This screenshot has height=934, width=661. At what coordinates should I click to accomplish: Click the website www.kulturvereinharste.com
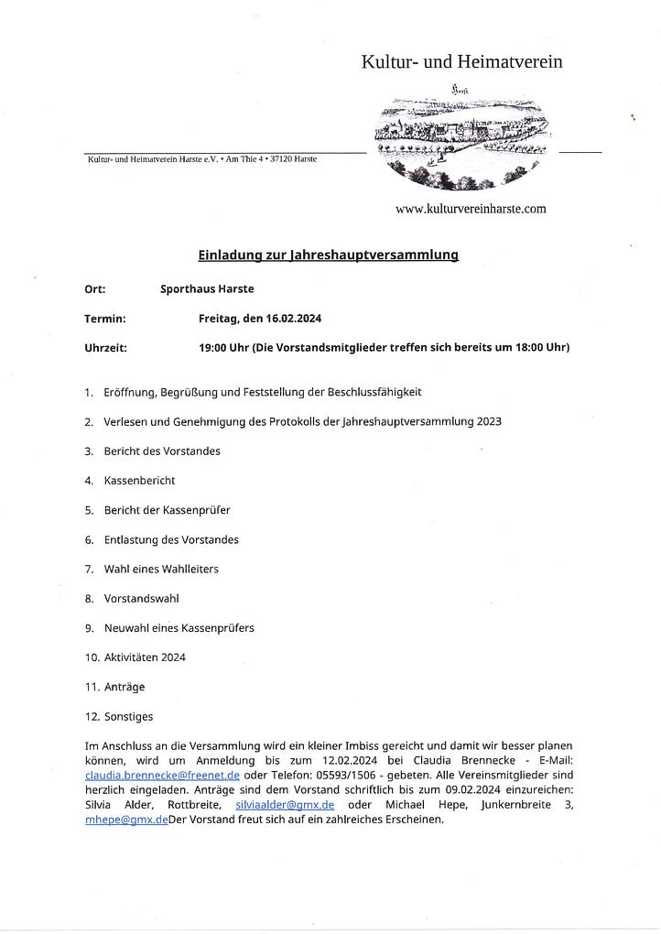(x=471, y=209)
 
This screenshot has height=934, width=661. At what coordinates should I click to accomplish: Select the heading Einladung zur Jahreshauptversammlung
(x=328, y=255)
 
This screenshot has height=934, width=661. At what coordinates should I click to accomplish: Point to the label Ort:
(x=95, y=289)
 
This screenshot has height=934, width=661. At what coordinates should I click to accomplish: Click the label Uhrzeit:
(x=105, y=348)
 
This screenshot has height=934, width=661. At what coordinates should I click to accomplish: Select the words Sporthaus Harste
(x=207, y=289)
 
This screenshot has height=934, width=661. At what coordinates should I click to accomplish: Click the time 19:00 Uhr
(x=224, y=348)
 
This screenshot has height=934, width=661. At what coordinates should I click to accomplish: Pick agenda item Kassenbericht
(x=139, y=481)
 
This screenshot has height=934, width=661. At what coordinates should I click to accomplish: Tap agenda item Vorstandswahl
(x=142, y=599)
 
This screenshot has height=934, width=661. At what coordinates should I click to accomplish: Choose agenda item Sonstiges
(x=129, y=717)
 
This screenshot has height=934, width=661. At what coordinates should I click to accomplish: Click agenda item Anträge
(x=125, y=687)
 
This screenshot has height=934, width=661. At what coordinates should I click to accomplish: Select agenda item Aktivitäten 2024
(x=145, y=657)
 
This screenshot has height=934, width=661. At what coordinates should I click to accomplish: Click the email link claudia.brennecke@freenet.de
(x=162, y=775)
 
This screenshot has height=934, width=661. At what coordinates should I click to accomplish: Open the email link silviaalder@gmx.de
(x=285, y=804)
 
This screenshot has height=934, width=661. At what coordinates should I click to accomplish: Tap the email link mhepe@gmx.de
(x=126, y=820)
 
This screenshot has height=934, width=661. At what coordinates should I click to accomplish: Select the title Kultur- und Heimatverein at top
(x=461, y=62)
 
